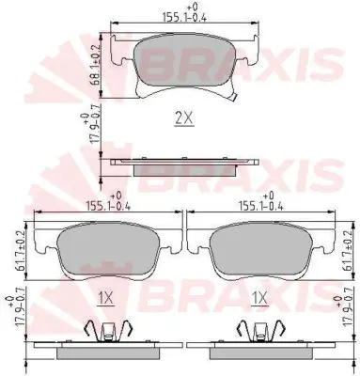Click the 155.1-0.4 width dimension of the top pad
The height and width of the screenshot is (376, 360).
point(185,14)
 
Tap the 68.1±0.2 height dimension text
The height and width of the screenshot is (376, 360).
point(95,65)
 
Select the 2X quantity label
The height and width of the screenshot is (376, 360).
point(184,118)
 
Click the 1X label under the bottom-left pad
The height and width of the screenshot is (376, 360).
point(105,298)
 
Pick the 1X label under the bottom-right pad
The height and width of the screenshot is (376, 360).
point(259,298)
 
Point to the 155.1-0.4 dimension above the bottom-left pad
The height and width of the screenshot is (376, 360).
point(108,202)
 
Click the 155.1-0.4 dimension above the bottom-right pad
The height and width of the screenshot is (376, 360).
point(261,202)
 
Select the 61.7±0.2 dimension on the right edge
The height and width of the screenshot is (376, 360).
point(350,250)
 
